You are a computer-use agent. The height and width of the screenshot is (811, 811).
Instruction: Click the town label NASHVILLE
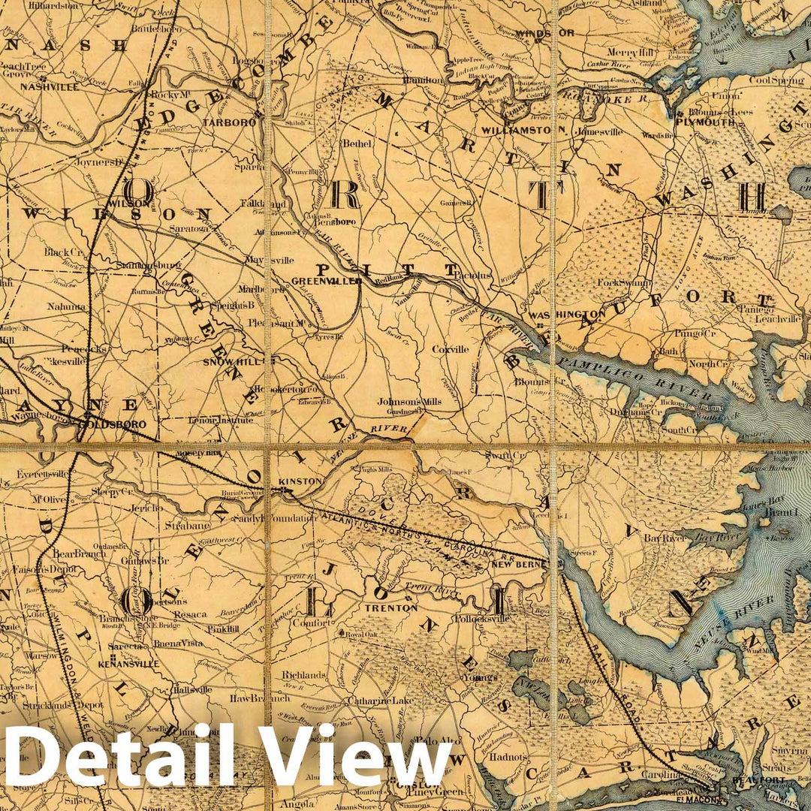click(50, 86)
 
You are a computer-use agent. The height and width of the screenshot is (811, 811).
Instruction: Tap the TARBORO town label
click(224, 122)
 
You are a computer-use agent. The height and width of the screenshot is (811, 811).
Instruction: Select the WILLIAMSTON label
click(523, 130)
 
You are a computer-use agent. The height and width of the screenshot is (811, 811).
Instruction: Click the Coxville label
click(450, 349)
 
